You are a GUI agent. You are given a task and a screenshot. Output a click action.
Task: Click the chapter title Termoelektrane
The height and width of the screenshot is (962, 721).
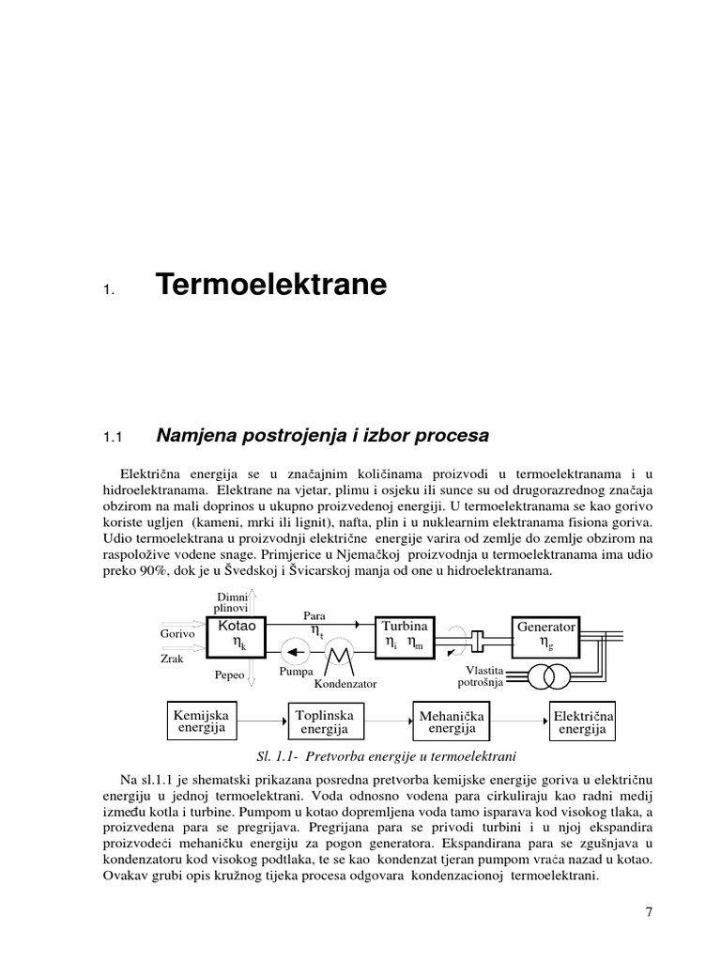click(270, 287)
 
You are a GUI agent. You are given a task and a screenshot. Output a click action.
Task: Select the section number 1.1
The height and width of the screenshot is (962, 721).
click(113, 437)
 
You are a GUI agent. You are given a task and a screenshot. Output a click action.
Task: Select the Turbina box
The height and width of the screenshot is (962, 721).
click(404, 636)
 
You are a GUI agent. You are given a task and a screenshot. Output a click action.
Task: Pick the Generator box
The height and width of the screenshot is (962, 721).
click(545, 636)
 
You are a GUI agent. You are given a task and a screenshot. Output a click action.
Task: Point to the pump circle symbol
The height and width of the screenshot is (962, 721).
click(298, 650)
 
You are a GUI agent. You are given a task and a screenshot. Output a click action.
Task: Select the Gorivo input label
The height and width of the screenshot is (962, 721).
click(176, 634)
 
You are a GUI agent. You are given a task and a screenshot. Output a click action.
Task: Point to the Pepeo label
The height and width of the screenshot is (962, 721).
click(230, 675)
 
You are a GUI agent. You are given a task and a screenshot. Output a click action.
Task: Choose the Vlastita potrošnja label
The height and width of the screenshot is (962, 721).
click(480, 676)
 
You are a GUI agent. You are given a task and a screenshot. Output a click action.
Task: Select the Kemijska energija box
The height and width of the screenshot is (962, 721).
click(201, 720)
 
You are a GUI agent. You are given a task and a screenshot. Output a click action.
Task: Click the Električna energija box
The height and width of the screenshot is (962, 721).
click(582, 721)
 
